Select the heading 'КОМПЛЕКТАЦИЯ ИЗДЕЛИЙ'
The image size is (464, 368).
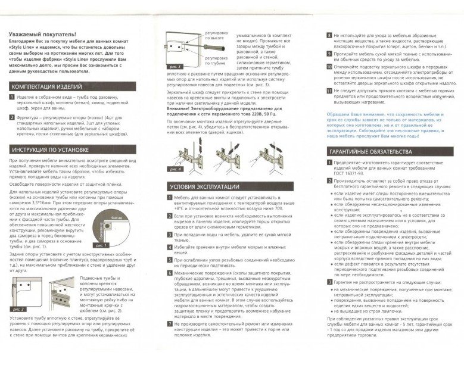pyautogui.click(x=46, y=87)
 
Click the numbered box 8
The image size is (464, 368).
pyautogui.click(x=328, y=36)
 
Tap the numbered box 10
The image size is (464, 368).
pyautogui.click(x=328, y=67)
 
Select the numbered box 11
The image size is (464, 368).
pyautogui.click(x=328, y=91)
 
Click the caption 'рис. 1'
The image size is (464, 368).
pyautogui.click(x=101, y=245)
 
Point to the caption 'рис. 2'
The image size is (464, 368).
pyautogui.click(x=17, y=310)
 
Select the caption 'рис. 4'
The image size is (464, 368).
pyautogui.click(x=174, y=169)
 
